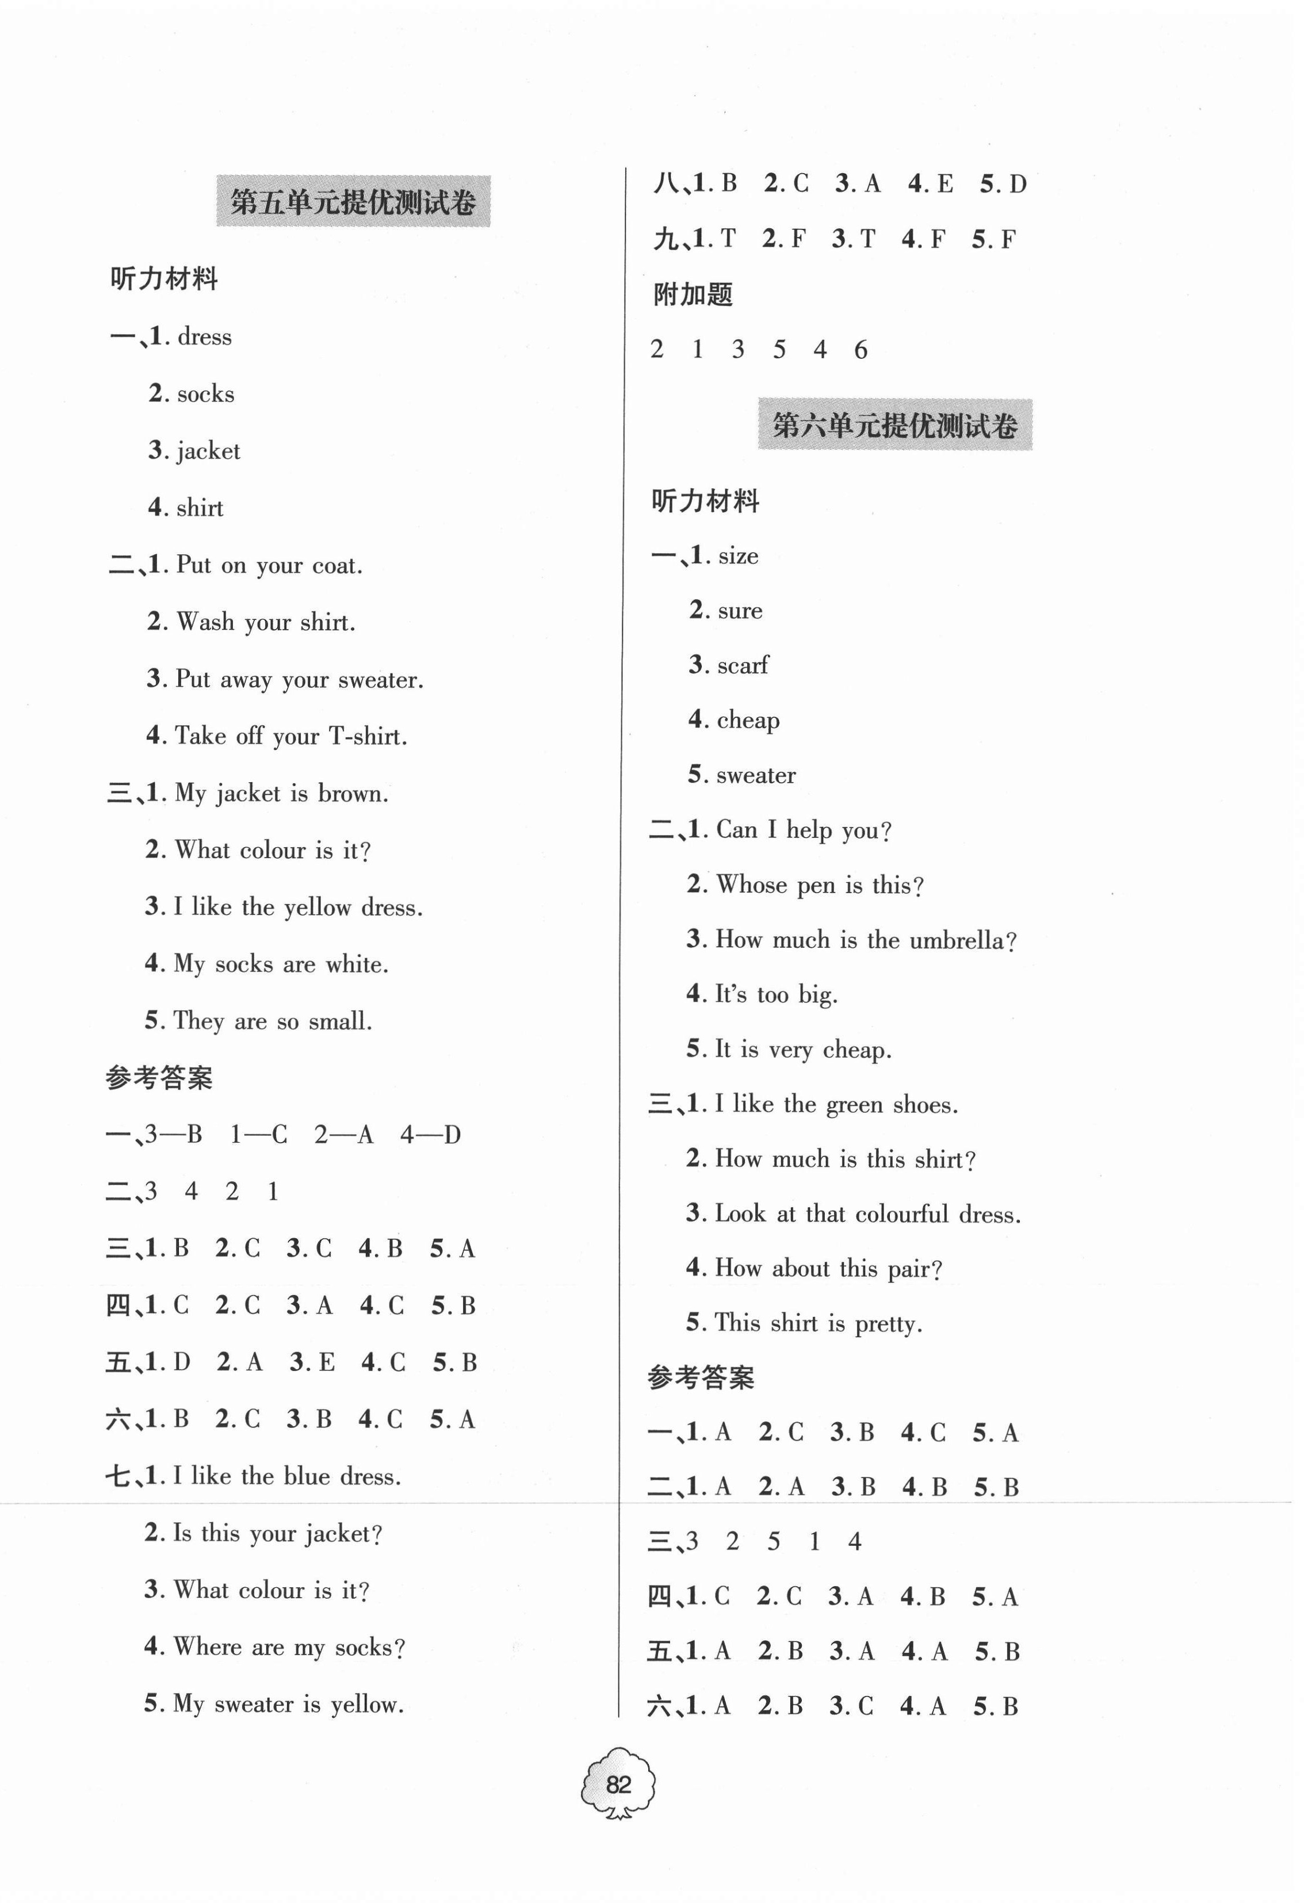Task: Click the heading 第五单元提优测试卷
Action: tap(353, 201)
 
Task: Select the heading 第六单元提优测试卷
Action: tap(894, 425)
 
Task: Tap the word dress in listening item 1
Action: tap(205, 336)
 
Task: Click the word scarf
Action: tap(742, 665)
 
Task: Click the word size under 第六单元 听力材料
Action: tap(738, 556)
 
